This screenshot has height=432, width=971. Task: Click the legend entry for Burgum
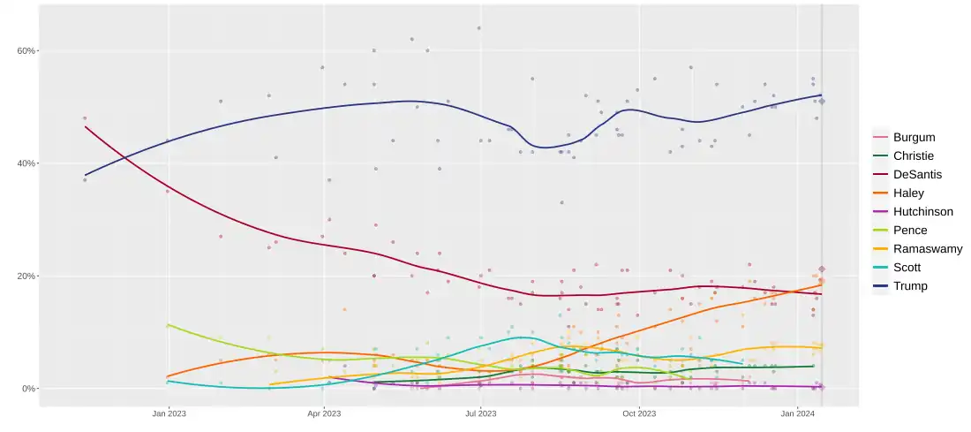pos(914,138)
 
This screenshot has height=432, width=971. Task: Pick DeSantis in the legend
pos(917,175)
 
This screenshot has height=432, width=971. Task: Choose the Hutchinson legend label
pos(922,212)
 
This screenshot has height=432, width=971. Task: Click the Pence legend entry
pos(910,231)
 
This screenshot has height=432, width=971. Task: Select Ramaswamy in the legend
pos(927,249)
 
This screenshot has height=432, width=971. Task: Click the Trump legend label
pos(910,286)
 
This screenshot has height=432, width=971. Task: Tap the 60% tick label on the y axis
pos(26,51)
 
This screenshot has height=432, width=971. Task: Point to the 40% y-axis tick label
pos(26,163)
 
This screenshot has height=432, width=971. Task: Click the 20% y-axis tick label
pos(26,277)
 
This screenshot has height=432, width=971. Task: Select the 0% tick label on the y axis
pos(29,389)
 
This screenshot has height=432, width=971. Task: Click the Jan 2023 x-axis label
pos(168,413)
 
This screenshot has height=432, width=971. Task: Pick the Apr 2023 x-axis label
pos(324,413)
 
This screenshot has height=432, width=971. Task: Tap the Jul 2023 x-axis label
pos(480,413)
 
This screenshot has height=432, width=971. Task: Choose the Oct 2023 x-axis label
pos(638,413)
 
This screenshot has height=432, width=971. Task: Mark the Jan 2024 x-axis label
pos(798,413)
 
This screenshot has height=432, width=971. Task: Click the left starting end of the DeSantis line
pos(85,126)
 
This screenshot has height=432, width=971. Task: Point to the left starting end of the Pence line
pos(168,325)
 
